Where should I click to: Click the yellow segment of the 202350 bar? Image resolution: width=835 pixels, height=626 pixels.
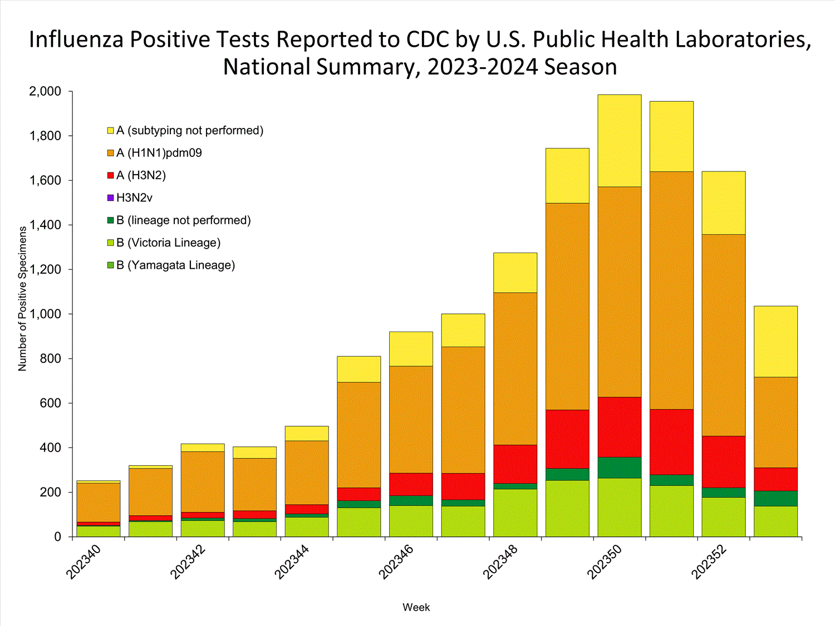pyautogui.click(x=619, y=141)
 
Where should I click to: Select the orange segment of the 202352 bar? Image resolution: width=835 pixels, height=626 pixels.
pyautogui.click(x=723, y=335)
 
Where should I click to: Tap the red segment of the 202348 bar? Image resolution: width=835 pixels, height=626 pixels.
pyautogui.click(x=515, y=464)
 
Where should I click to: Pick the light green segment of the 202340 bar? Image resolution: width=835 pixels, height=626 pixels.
pyautogui.click(x=98, y=531)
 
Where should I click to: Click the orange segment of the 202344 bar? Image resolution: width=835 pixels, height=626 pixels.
pyautogui.click(x=307, y=472)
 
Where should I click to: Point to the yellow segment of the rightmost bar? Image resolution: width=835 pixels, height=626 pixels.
pyautogui.click(x=775, y=342)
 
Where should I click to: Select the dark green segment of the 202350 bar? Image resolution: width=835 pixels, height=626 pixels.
pyautogui.click(x=619, y=467)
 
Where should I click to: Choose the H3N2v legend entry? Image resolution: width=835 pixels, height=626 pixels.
pyautogui.click(x=134, y=198)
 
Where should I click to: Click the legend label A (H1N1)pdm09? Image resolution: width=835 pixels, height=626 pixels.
pyautogui.click(x=159, y=153)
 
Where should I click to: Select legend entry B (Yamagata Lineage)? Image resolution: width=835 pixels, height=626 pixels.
pyautogui.click(x=175, y=265)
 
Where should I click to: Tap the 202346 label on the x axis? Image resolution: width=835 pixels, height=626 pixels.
pyautogui.click(x=396, y=562)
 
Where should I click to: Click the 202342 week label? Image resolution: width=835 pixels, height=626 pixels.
pyautogui.click(x=188, y=562)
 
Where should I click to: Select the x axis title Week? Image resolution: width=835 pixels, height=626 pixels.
pyautogui.click(x=416, y=608)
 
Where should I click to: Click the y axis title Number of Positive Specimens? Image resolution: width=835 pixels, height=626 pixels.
pyautogui.click(x=22, y=298)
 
